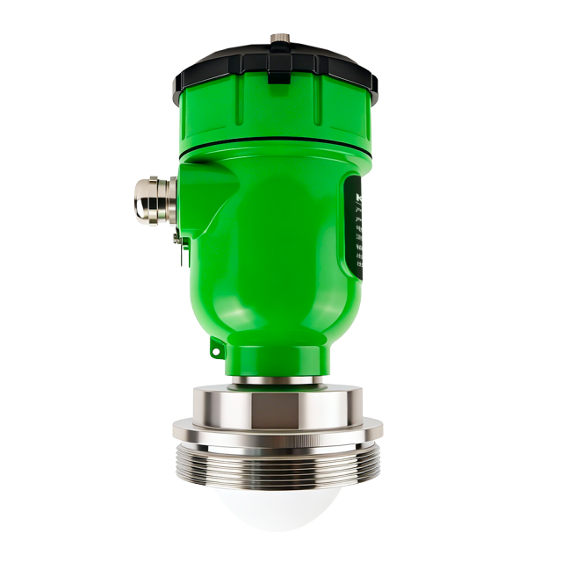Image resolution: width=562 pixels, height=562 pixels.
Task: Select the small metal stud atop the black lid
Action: point(281,39)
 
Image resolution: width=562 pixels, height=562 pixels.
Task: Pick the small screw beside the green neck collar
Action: point(216,351)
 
